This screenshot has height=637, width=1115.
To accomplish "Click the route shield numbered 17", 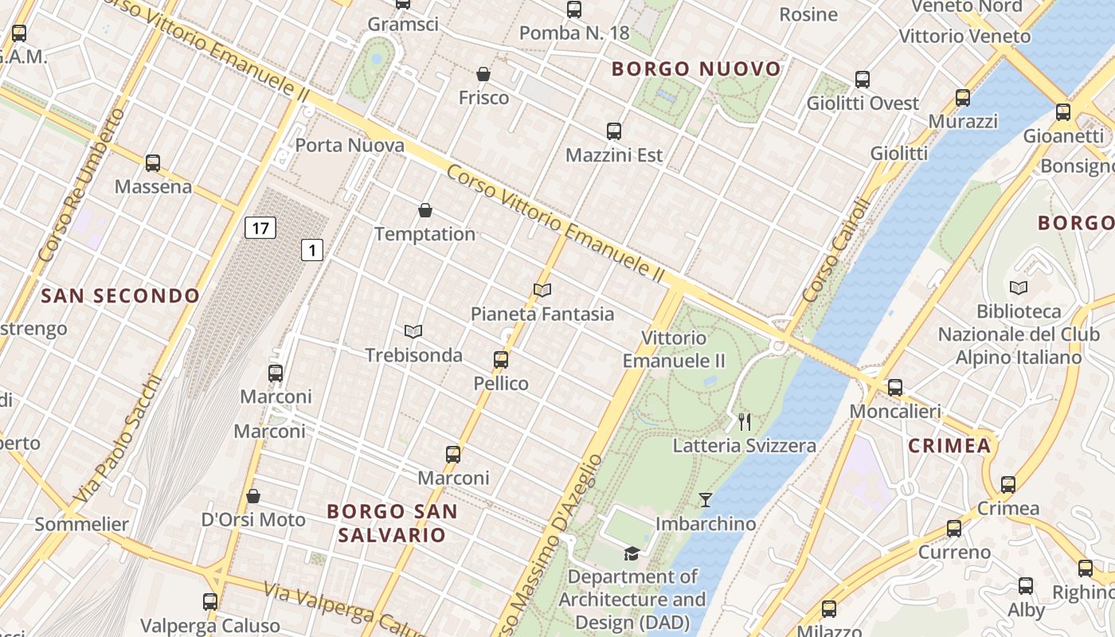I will click(260, 229).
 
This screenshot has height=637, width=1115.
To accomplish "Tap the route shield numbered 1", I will click(312, 250).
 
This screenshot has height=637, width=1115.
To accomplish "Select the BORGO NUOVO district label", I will click(696, 69).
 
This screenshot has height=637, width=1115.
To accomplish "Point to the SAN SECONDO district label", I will click(120, 296).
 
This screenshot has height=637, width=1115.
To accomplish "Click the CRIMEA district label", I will click(949, 446).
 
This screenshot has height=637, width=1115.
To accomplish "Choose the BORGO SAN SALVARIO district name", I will click(392, 522).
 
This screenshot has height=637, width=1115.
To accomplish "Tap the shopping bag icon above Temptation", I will click(425, 211).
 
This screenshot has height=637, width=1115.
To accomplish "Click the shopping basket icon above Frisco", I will click(483, 75).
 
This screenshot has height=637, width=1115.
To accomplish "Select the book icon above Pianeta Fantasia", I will click(542, 291).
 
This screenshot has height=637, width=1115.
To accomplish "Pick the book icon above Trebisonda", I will click(413, 331).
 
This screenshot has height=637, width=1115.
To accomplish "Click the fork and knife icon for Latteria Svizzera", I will click(745, 422).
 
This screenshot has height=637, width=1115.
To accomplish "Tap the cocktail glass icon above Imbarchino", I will click(705, 500).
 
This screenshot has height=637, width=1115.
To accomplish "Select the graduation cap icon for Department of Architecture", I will click(632, 553).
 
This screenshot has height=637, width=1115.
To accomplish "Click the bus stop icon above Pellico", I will click(501, 360).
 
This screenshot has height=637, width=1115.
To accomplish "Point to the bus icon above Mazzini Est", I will click(613, 131).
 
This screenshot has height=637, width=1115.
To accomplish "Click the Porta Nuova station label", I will click(350, 146).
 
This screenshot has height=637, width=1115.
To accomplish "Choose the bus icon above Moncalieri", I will click(895, 388).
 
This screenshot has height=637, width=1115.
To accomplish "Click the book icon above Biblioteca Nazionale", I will click(1018, 287).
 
